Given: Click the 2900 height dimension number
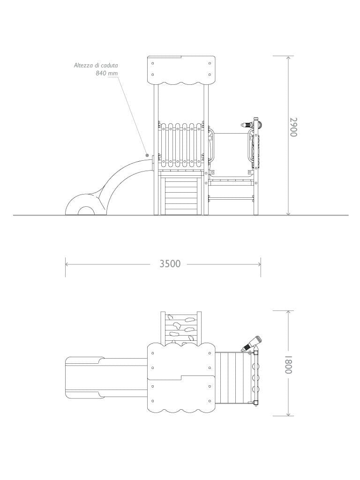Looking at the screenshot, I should coord(293,127).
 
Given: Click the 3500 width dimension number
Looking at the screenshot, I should coord(170,264).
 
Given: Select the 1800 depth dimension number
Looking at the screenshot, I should coord(288,364).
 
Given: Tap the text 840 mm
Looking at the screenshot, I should coord(106,73).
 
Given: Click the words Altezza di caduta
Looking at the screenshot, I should coord(96,65).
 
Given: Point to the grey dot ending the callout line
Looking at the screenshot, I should coord(147,155).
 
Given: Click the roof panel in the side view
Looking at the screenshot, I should coord(181,69).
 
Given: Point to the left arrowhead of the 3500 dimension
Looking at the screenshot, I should coord(66,264).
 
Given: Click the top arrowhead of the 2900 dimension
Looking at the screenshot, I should coord(288,57).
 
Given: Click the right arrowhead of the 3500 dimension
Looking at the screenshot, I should coord(260,264).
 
